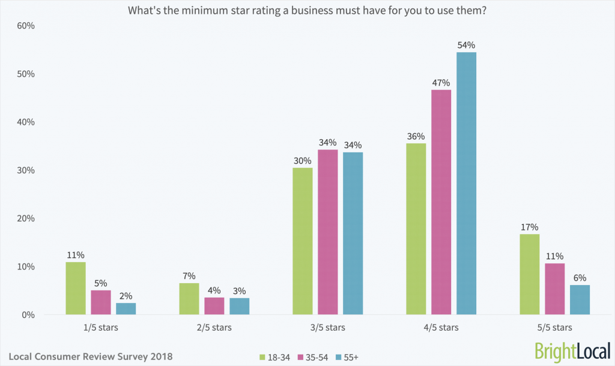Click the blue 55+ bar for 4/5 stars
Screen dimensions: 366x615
pos(466,184)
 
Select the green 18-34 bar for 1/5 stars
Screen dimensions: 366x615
pos(76,288)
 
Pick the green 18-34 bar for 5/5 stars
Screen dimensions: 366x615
pos(529,274)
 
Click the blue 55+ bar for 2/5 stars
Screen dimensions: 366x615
pos(239,306)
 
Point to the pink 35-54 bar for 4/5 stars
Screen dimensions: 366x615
pos(441,202)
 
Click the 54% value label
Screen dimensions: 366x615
pos(466,45)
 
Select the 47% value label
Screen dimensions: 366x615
pos(441,82)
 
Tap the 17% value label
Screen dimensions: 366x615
pos(529,227)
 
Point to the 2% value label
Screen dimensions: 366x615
pos(126,296)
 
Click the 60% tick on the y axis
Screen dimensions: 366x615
pos(26,26)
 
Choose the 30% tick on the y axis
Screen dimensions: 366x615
pos(26,170)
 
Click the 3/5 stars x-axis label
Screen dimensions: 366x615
pos(328,328)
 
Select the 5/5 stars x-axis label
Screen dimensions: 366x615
pos(554,328)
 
